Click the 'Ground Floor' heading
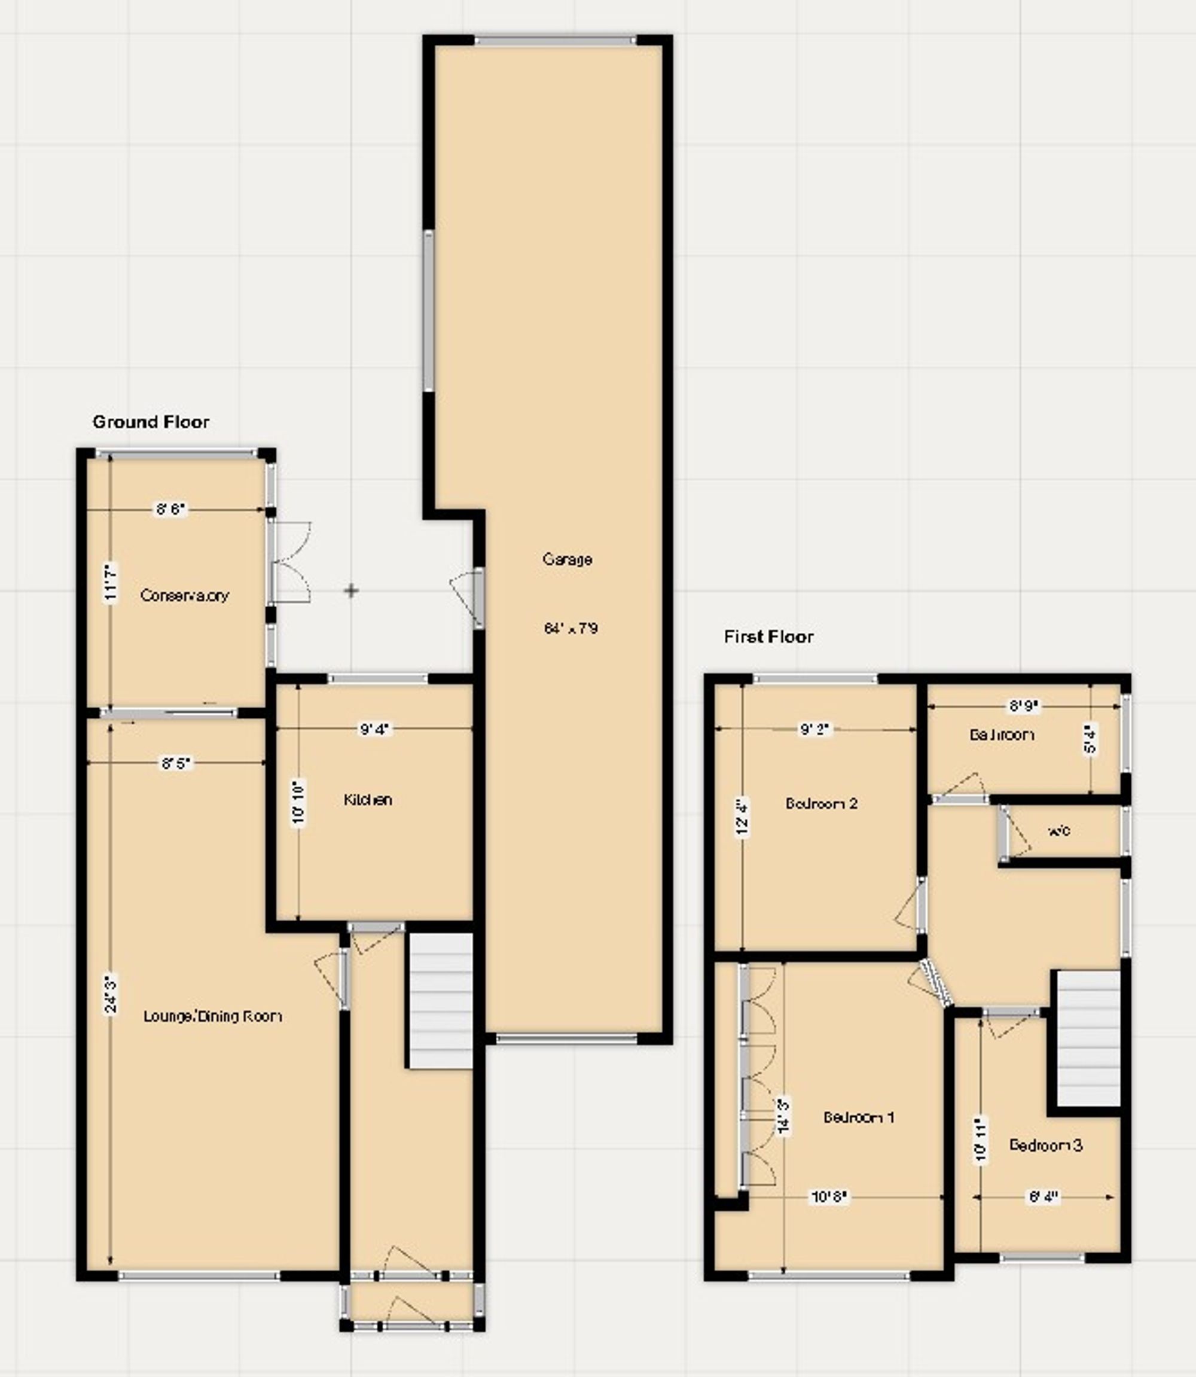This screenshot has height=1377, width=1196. point(151,422)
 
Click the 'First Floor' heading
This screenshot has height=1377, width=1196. point(769,637)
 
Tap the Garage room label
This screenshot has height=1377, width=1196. point(568,559)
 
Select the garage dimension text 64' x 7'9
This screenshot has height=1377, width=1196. point(570,628)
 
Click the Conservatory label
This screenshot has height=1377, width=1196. point(185,595)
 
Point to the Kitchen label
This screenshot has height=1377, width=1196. point(368,800)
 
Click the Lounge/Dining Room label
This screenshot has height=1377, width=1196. point(213,1016)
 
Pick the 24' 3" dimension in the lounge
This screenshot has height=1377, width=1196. point(111,995)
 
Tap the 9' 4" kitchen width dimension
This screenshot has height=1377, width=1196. point(374,730)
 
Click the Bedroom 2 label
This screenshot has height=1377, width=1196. point(822,803)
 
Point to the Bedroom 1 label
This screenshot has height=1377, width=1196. point(859,1117)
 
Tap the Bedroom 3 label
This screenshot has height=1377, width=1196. point(1046,1146)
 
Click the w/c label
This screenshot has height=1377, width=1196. point(1060,831)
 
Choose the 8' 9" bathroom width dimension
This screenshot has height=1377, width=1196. point(1024,704)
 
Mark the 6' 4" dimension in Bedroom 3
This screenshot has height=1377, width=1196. point(1043,1198)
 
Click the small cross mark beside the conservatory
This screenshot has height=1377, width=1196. point(351,591)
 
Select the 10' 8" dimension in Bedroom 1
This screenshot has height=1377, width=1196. point(829,1198)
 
